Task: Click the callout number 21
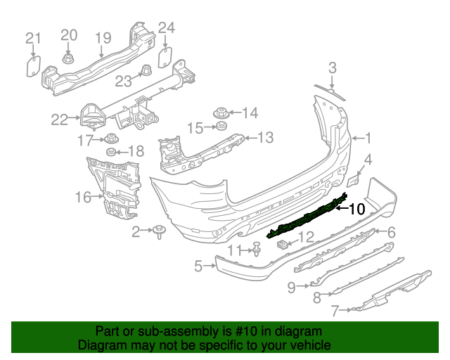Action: [33, 38]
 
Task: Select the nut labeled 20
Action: [68, 58]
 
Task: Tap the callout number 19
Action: [103, 38]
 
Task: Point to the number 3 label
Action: [332, 67]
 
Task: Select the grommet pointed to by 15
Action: [220, 127]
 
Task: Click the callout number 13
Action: [264, 138]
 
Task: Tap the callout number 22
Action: [60, 120]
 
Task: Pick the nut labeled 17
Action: [110, 139]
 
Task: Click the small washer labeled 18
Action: [111, 152]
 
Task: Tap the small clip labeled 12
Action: [283, 243]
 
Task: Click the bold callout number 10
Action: [356, 209]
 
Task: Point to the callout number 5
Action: [199, 266]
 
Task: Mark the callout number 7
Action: [335, 308]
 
